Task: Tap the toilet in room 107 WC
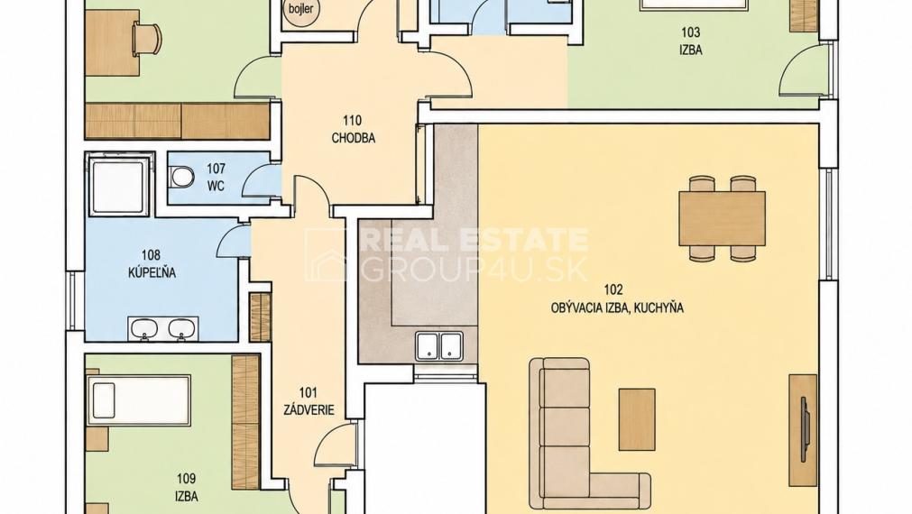[182, 176]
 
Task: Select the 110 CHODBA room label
[353, 130]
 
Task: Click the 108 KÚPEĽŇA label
[152, 263]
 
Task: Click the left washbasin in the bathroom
[143, 328]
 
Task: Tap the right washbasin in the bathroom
[181, 328]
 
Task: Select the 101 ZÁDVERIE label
[309, 402]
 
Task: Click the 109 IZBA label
[186, 487]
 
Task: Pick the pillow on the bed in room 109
[104, 400]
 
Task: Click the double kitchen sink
[439, 345]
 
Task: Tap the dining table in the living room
[722, 219]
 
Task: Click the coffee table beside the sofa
[637, 419]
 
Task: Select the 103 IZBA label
[690, 41]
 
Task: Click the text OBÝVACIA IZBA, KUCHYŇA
[616, 307]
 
